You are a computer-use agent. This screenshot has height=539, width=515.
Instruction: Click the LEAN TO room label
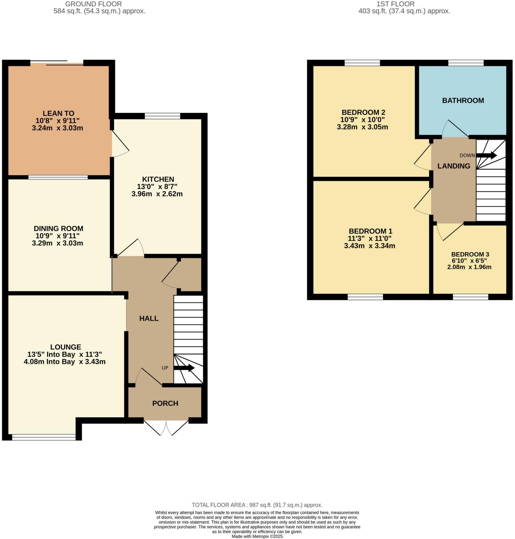58,114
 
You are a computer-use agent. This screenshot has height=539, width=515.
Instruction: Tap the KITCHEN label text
158,179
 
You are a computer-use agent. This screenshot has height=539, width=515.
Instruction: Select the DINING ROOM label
58,229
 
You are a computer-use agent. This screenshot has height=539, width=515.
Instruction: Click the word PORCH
165,403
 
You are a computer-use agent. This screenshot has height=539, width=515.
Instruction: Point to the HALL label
149,318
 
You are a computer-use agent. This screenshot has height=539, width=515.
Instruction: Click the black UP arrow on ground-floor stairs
184,368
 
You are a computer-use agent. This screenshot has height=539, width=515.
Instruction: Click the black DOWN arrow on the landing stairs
486,155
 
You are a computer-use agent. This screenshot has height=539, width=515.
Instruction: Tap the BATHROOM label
463,101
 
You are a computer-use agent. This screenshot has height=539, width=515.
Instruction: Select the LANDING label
454,166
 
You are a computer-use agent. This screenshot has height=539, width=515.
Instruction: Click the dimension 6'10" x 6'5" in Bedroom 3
469,261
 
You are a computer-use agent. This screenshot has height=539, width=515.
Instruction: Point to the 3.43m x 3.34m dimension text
369,246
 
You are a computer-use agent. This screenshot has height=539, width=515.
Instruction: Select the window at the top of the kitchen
162,116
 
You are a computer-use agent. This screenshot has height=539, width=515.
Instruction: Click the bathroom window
466,63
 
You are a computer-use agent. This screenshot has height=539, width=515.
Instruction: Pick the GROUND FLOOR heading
93,4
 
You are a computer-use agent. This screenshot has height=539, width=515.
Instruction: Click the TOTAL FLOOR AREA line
257,505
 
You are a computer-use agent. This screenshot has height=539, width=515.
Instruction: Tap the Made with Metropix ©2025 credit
257,537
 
